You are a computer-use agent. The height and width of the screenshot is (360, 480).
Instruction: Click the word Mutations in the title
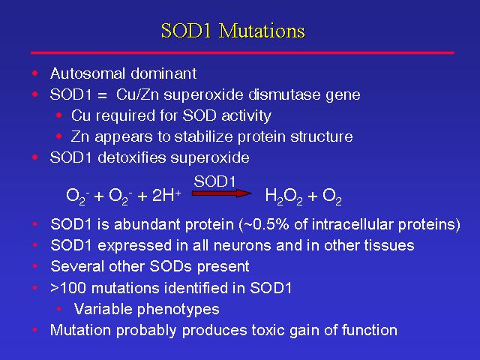[x=262, y=31]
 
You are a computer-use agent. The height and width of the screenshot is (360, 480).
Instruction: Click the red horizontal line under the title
[x=242, y=53]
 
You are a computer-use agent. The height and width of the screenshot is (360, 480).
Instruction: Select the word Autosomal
[x=88, y=73]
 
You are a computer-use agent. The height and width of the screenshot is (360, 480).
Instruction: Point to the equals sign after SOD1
[x=102, y=95]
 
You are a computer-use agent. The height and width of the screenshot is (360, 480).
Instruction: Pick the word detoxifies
[x=132, y=157]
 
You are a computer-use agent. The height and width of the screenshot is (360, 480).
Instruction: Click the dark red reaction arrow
[x=222, y=193]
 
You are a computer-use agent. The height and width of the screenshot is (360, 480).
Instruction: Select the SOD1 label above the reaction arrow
[x=214, y=181]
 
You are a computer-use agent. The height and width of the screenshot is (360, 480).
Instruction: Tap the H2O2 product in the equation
[x=283, y=196]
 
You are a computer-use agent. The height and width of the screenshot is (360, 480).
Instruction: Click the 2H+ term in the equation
[x=166, y=195]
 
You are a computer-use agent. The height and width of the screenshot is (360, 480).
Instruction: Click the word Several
[x=77, y=266]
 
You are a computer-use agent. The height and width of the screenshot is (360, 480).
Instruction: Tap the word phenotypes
[x=178, y=310]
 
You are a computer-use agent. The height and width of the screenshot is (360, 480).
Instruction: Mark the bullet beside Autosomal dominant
[x=35, y=73]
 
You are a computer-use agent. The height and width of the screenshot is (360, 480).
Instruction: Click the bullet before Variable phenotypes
[x=58, y=309]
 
